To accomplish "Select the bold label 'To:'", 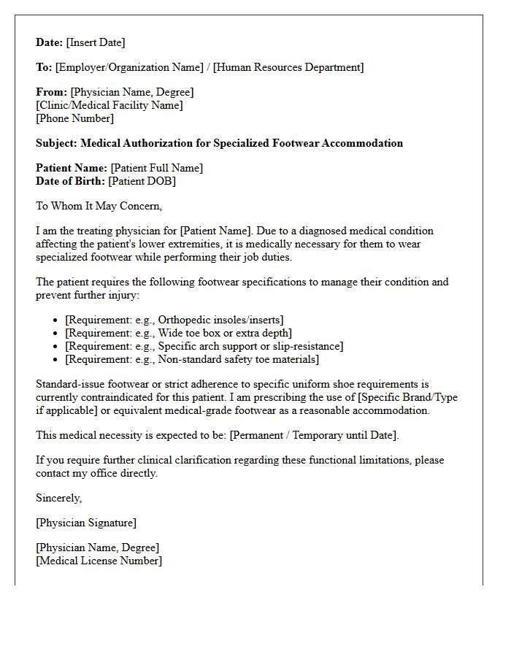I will click(x=44, y=67).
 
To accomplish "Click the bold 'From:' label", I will click(x=51, y=92).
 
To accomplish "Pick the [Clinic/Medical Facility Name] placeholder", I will click(x=109, y=105).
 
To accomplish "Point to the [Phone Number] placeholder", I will click(x=75, y=118).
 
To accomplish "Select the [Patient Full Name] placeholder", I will click(x=157, y=168).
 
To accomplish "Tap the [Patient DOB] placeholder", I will click(x=142, y=181).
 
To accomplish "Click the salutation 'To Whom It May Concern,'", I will click(x=99, y=206).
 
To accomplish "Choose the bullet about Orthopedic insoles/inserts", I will click(x=174, y=320).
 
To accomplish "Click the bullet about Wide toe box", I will click(x=169, y=333).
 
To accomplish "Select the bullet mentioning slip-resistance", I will click(x=204, y=346).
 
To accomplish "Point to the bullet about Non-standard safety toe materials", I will click(x=192, y=359).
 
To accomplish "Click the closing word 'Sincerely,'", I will click(x=59, y=498).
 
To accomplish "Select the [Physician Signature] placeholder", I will click(x=86, y=523).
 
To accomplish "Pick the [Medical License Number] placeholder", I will click(x=99, y=561).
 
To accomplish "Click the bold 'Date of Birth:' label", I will click(x=71, y=181).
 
